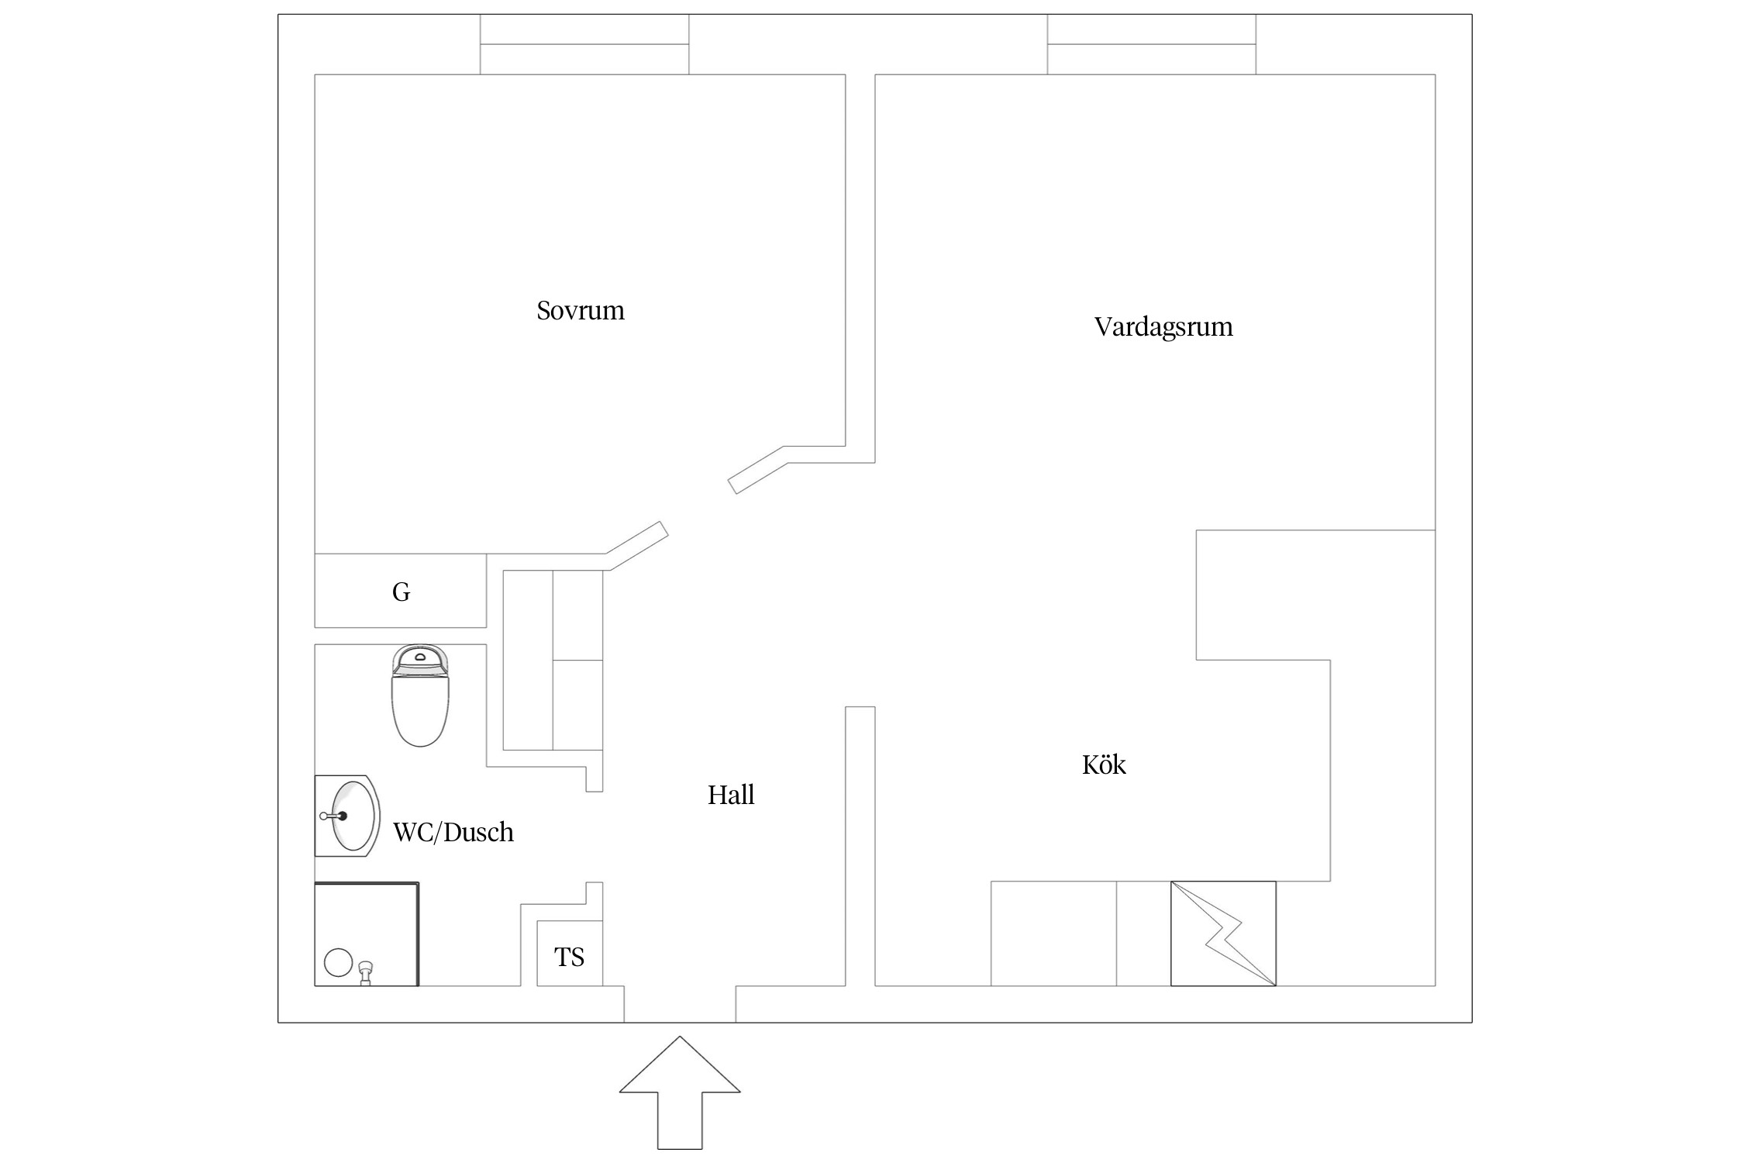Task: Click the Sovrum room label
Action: pyautogui.click(x=581, y=311)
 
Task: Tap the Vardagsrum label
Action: pyautogui.click(x=1163, y=327)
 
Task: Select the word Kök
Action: pyautogui.click(x=1103, y=765)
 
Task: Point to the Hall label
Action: pyautogui.click(x=730, y=795)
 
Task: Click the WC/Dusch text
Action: pyautogui.click(x=453, y=832)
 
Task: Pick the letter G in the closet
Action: pyautogui.click(x=401, y=592)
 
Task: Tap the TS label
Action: pyautogui.click(x=569, y=958)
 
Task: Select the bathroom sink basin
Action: pyautogui.click(x=353, y=816)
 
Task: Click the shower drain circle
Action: pyautogui.click(x=339, y=962)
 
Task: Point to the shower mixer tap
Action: pyautogui.click(x=366, y=971)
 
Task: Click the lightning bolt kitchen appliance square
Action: pyautogui.click(x=1222, y=934)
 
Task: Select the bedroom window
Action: pyautogui.click(x=584, y=44)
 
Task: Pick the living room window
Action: pyautogui.click(x=1151, y=44)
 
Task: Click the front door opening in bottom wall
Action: pyautogui.click(x=680, y=1004)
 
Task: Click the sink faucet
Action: pyautogui.click(x=333, y=816)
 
